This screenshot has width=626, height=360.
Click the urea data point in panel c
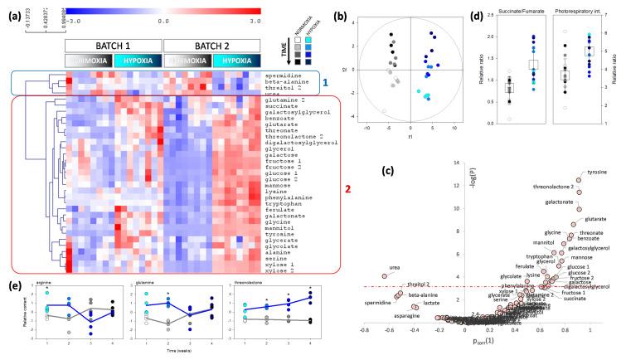(x=384, y=276)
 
